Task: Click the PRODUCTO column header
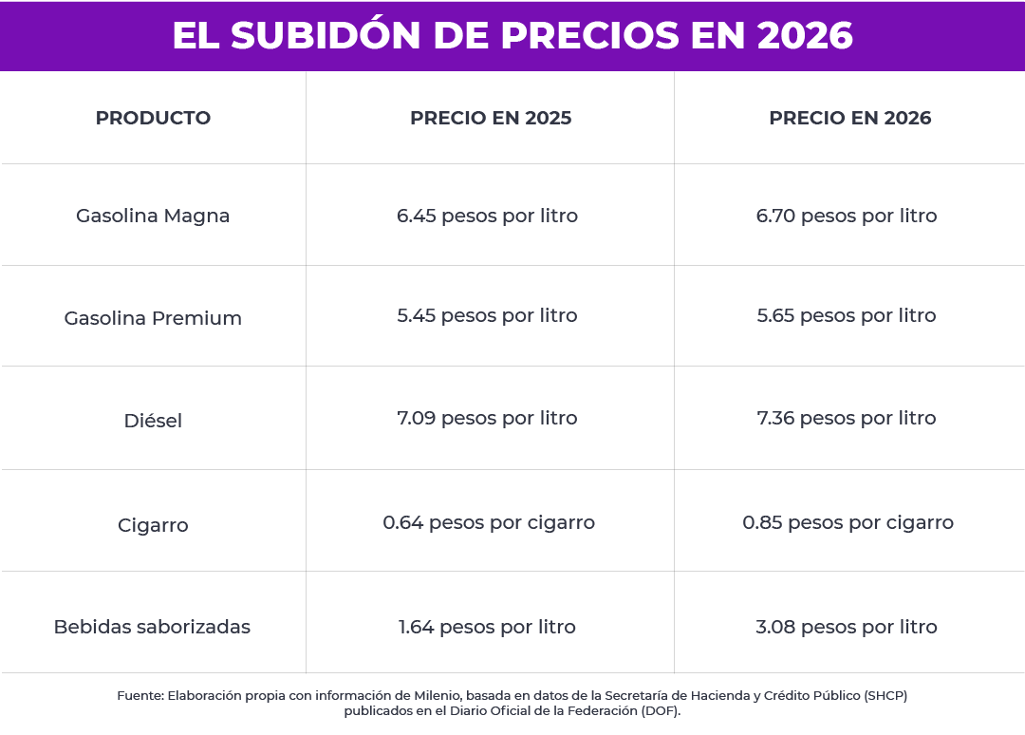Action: (153, 119)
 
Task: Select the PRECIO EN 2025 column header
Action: (491, 119)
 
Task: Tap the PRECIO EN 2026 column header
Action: (849, 119)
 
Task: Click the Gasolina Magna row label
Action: (153, 216)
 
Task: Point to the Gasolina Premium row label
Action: (153, 318)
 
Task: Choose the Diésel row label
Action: (153, 421)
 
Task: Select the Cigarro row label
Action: (153, 525)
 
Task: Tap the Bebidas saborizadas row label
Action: (152, 627)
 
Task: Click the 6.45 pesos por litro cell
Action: (487, 216)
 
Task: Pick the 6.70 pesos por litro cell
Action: (847, 216)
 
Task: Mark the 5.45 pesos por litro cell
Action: (487, 315)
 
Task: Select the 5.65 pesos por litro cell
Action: (847, 315)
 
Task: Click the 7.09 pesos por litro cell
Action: (487, 418)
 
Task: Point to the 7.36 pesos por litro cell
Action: (847, 418)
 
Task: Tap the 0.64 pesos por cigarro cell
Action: (489, 522)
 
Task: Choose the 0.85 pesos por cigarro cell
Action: (848, 522)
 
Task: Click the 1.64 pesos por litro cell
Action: (487, 627)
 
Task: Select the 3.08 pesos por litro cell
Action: (847, 627)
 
